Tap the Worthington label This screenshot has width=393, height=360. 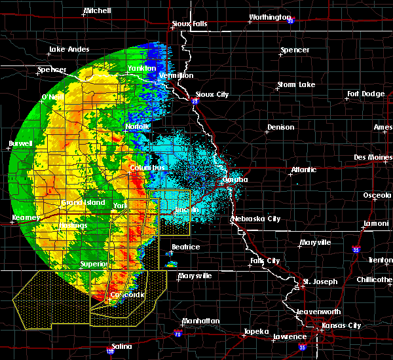tap(269, 17)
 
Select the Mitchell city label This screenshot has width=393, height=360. tap(97, 11)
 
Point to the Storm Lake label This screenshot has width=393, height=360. tap(295, 84)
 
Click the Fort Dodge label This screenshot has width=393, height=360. tap(365, 94)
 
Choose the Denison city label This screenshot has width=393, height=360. tap(280, 127)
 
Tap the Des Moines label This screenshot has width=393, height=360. tap(372, 157)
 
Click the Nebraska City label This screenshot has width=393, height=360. tap(258, 219)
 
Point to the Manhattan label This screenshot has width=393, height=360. tap(201, 321)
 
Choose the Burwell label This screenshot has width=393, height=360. tap(20, 143)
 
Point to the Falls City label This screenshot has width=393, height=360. tap(265, 261)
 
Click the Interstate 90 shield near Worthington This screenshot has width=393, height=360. tap(290, 20)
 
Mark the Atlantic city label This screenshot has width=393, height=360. tap(303, 170)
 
